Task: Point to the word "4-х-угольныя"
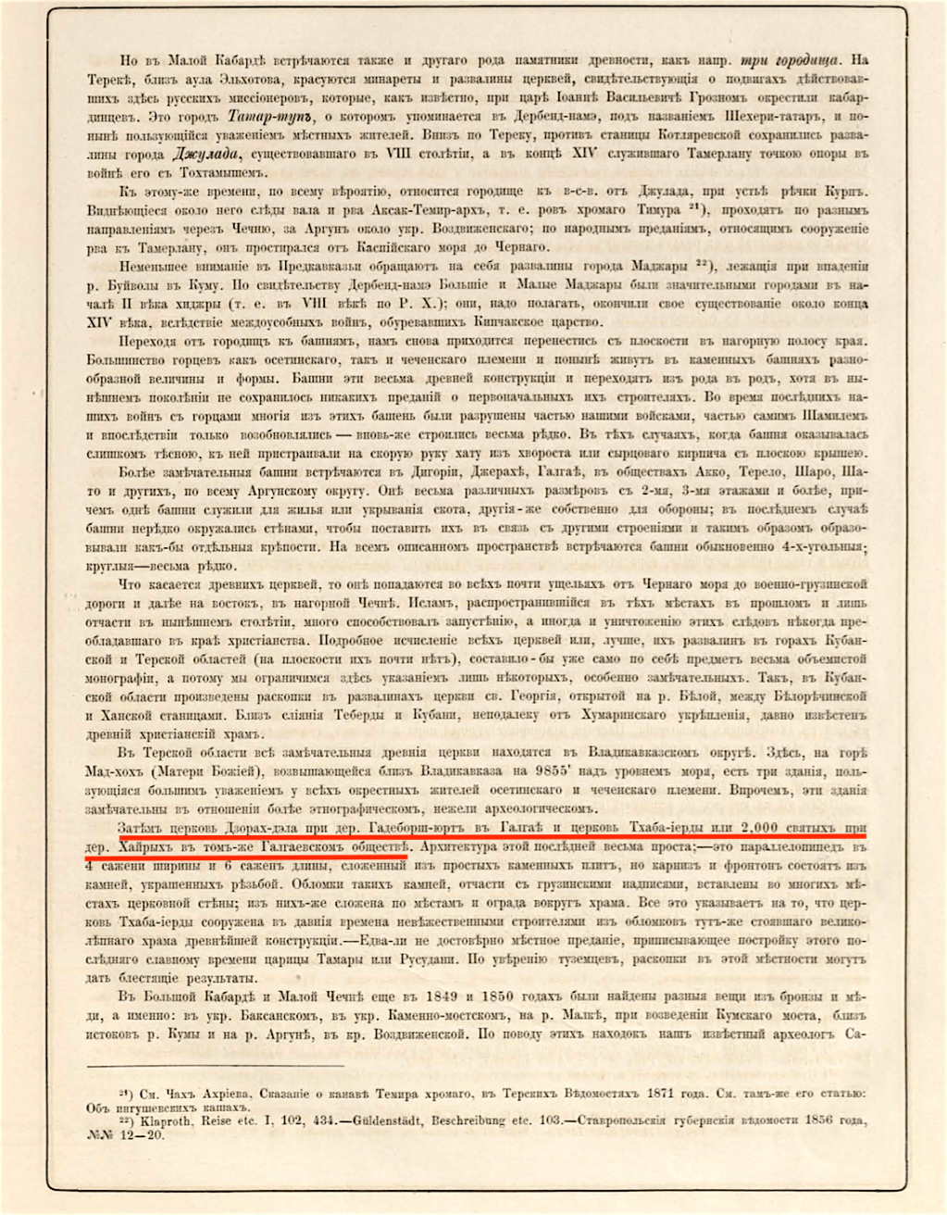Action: click(x=818, y=547)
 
